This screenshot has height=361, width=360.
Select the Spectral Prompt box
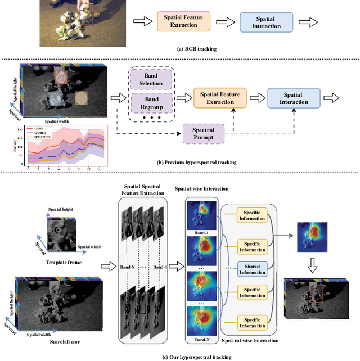[x=204, y=134]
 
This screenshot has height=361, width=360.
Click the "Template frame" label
[x=61, y=263]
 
